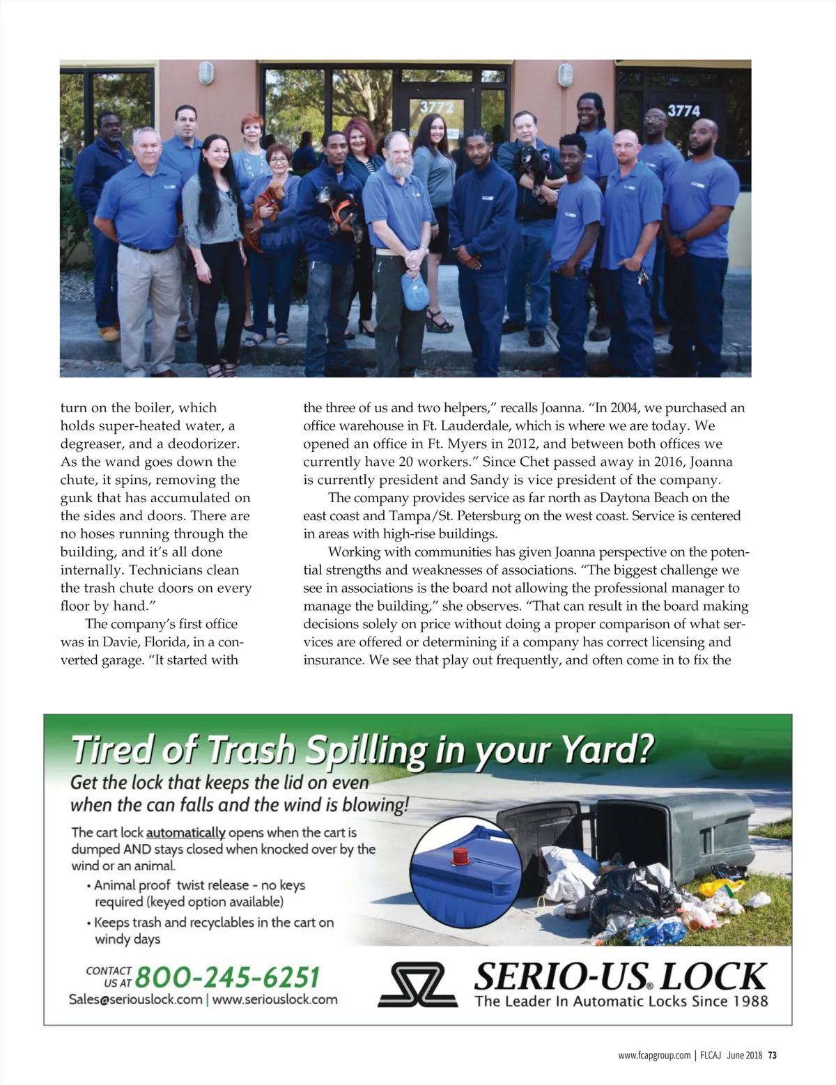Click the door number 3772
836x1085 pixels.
436,107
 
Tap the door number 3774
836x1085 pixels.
683,110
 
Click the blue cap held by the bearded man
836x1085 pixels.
415,292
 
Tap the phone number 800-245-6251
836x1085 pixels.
227,977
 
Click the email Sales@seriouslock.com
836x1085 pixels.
135,999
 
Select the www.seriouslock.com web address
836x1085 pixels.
274,999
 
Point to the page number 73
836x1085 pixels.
773,1055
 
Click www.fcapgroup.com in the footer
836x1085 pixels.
654,1055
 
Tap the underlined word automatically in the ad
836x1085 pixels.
185,832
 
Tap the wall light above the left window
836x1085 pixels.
206,72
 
